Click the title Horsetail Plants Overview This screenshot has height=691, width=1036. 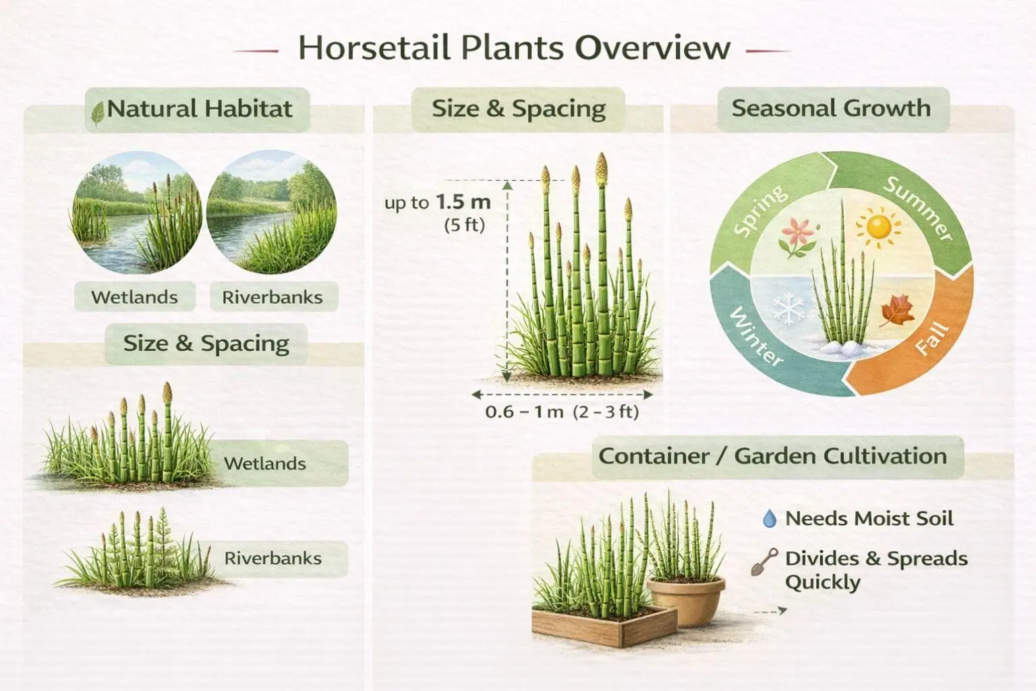click(514, 48)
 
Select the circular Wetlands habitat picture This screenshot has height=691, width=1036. click(136, 213)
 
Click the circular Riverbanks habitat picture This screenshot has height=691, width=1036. click(272, 213)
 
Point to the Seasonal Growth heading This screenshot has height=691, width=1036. click(831, 109)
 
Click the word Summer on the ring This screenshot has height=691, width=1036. click(919, 208)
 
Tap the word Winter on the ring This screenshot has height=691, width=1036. click(756, 337)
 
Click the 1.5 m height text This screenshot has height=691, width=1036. click(463, 202)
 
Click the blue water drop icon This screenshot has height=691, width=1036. click(769, 519)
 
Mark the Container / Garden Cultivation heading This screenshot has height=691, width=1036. click(773, 456)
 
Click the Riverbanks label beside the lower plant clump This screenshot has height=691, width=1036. click(272, 559)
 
